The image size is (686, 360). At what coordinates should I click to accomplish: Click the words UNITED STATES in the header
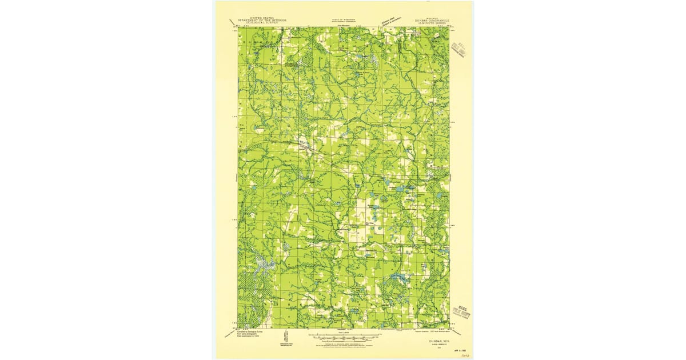click(x=262, y=18)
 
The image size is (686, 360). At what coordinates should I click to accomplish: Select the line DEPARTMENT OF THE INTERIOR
click(x=262, y=20)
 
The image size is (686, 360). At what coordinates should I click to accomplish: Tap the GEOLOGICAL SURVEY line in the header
click(x=262, y=23)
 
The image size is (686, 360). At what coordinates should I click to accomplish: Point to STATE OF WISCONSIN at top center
click(x=344, y=19)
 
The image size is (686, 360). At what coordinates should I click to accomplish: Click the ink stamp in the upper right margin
click(x=460, y=48)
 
